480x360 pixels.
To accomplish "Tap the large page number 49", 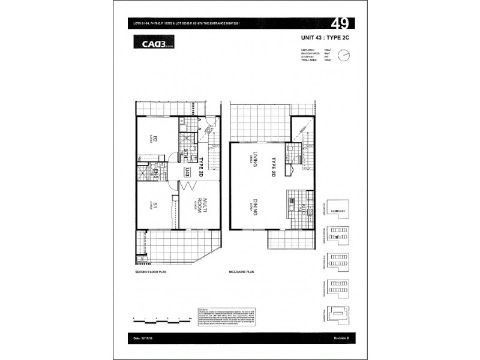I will coord(340,25).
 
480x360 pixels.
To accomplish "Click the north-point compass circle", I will coord(343,55).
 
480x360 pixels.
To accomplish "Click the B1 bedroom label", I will coord(154,206).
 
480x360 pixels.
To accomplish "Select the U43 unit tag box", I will coord(188,173).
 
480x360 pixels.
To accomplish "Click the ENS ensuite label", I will coord(155,175).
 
